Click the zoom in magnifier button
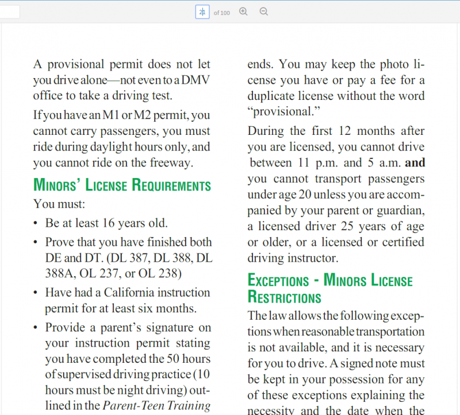click(243, 11)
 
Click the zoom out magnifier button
click(263, 11)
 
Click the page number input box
click(202, 12)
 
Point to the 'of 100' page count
click(221, 13)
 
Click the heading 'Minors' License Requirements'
click(122, 185)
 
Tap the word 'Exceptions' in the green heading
click(278, 281)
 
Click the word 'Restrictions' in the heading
click(284, 298)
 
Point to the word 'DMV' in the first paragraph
click(194, 80)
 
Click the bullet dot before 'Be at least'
click(36, 223)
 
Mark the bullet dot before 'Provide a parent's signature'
click(36, 328)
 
